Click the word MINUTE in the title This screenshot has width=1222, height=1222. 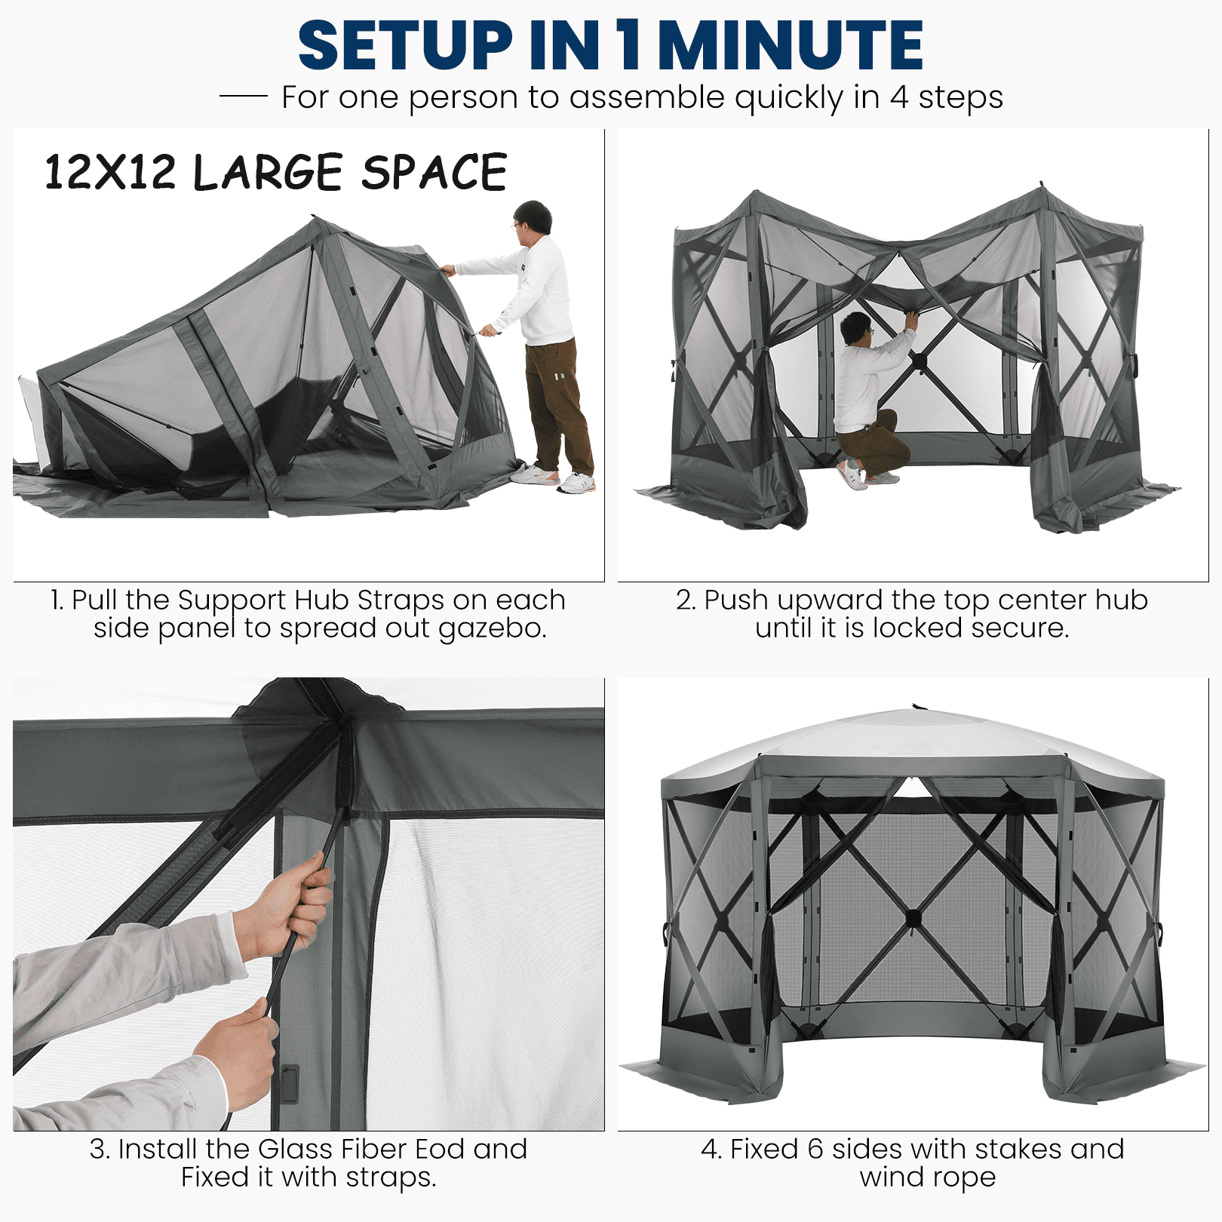click(791, 45)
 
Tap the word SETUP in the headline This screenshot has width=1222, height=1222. click(406, 45)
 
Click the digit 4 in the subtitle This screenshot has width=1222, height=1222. click(898, 97)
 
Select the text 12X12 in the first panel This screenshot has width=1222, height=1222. click(110, 172)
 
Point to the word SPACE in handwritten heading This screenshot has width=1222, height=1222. click(434, 172)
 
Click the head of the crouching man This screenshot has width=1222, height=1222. click(856, 329)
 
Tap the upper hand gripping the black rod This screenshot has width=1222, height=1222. click(290, 905)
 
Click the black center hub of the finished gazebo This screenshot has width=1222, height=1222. click(913, 919)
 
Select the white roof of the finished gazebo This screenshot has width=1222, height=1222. click(913, 743)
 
